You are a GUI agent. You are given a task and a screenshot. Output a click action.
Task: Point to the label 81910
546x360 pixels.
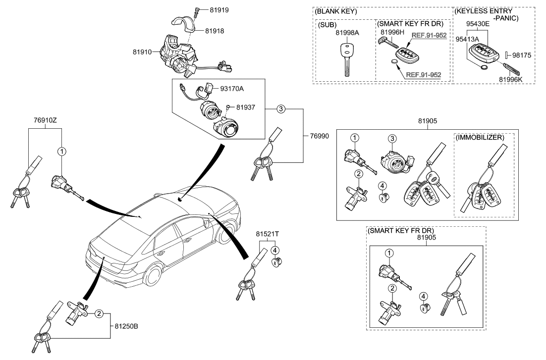[143, 51]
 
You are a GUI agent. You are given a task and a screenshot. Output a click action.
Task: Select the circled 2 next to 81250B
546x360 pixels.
[99, 313]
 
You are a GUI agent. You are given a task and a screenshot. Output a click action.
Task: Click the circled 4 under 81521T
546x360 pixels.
[274, 250]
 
